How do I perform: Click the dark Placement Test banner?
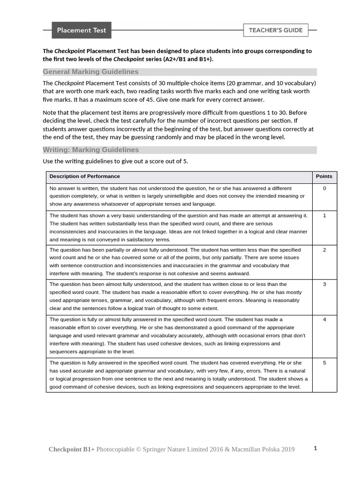click(82, 30)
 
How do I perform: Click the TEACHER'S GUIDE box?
click(276, 30)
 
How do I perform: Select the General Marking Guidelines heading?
click(90, 72)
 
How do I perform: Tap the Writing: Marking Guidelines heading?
click(90, 150)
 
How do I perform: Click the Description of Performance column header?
click(85, 176)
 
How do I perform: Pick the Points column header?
click(324, 176)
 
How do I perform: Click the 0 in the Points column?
click(324, 188)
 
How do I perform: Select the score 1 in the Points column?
click(324, 216)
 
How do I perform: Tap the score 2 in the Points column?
click(324, 250)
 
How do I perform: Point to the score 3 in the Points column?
click(324, 284)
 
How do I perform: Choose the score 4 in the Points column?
click(324, 319)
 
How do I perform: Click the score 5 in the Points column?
click(324, 362)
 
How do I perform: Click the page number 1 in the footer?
click(315, 448)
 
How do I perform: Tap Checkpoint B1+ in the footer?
click(71, 450)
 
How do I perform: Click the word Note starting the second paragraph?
click(50, 113)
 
